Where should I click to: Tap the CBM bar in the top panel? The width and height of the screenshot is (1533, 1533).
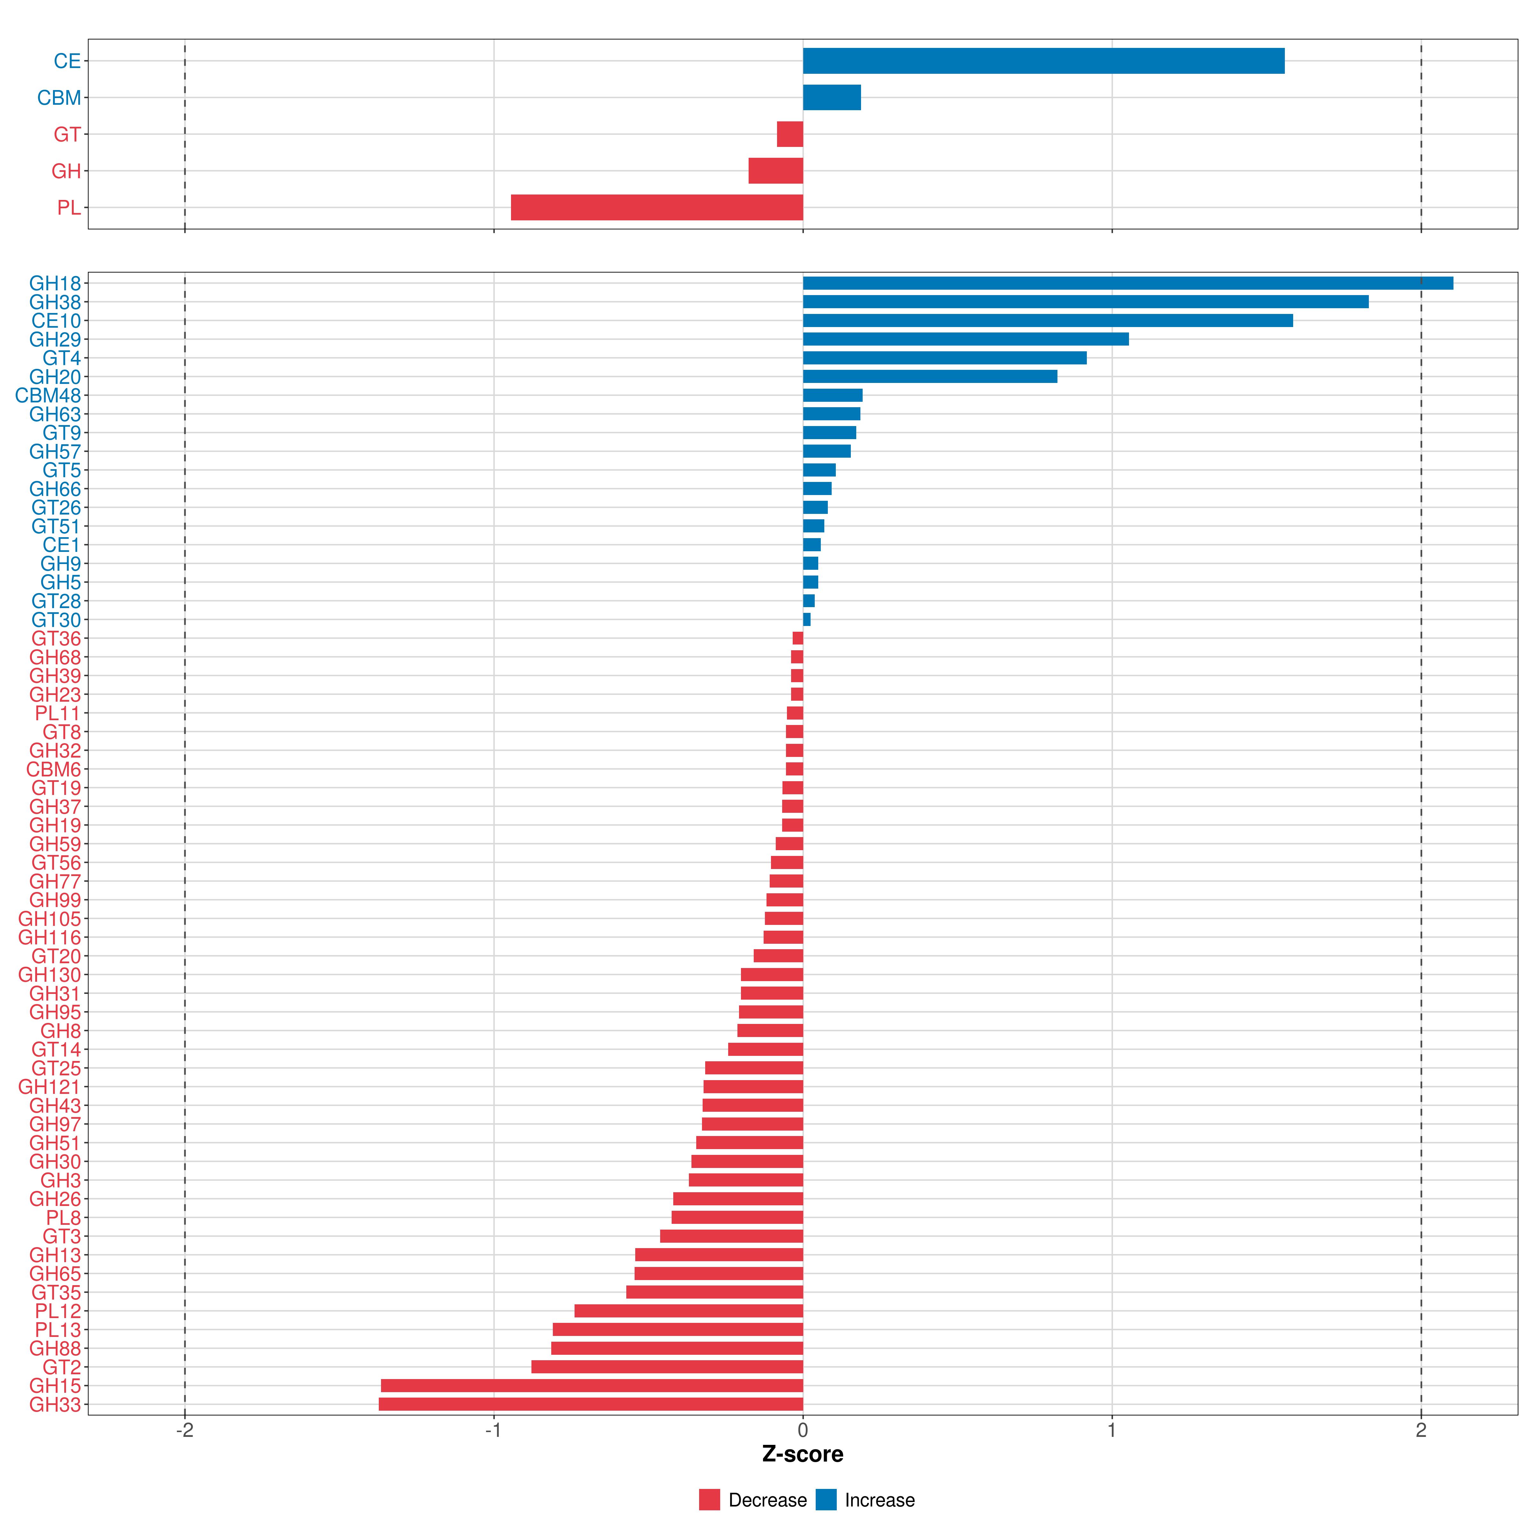pos(832,98)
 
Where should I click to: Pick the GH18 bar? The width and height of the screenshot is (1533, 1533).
pos(1127,283)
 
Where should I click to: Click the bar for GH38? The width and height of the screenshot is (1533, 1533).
pos(1086,301)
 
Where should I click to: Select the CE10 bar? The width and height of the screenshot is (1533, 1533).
pos(1048,321)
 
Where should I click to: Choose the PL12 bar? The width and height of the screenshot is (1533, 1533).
pos(689,1311)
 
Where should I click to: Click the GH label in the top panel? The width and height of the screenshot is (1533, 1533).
pos(67,172)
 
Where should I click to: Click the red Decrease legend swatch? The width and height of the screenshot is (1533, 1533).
pos(709,1500)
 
